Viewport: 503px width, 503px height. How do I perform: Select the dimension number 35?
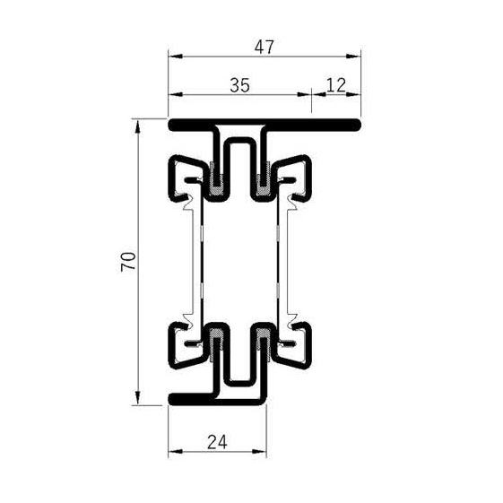point(239,85)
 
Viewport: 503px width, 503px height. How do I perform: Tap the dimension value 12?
point(337,85)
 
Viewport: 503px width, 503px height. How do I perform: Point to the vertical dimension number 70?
point(128,261)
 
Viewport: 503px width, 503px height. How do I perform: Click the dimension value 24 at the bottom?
point(218,441)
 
